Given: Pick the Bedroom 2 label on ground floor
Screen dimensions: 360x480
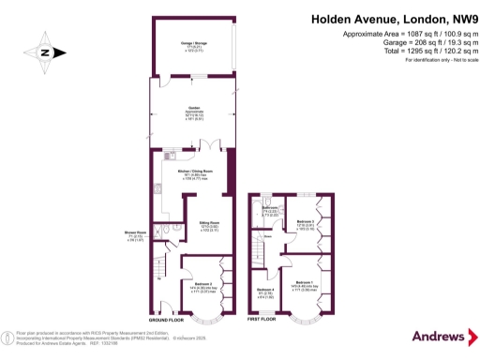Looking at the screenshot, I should (x=208, y=284).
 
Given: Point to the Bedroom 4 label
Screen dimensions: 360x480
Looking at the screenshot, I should (x=266, y=291).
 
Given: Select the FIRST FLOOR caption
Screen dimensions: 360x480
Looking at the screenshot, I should (x=263, y=320).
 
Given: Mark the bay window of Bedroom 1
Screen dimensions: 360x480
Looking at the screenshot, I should (x=305, y=314).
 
